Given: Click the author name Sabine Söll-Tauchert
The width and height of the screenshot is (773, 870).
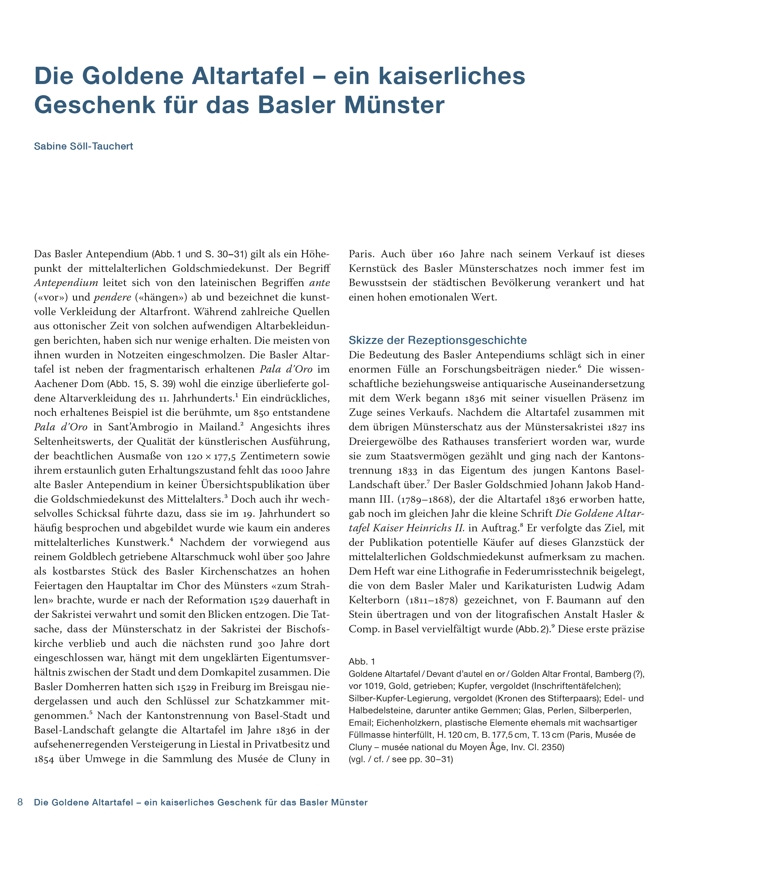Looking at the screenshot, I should coord(83,146).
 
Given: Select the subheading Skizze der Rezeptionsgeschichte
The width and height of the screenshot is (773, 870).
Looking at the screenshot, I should coord(438,340).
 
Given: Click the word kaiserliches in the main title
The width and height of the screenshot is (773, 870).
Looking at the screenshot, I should coord(451,76).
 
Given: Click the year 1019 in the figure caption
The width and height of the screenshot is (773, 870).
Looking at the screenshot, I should coord(375,686).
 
